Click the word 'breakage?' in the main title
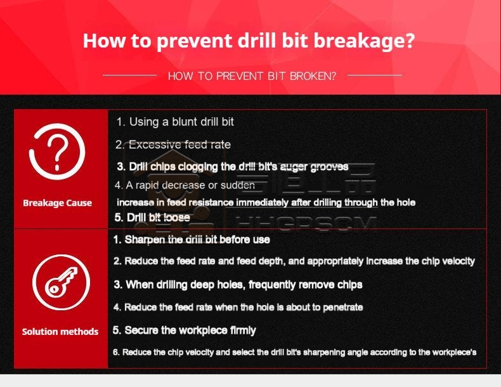pyautogui.click(x=363, y=41)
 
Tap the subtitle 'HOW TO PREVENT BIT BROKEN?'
pyautogui.click(x=252, y=76)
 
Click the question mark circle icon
pyautogui.click(x=57, y=152)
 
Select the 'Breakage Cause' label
pyautogui.click(x=58, y=203)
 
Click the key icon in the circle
pyautogui.click(x=61, y=282)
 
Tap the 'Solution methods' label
pyautogui.click(x=60, y=332)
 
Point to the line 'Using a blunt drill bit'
pyautogui.click(x=175, y=122)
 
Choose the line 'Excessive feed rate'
pyautogui.click(x=173, y=145)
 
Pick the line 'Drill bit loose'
pyautogui.click(x=152, y=218)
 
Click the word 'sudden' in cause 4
pyautogui.click(x=238, y=185)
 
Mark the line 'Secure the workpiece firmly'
pyautogui.click(x=184, y=331)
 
